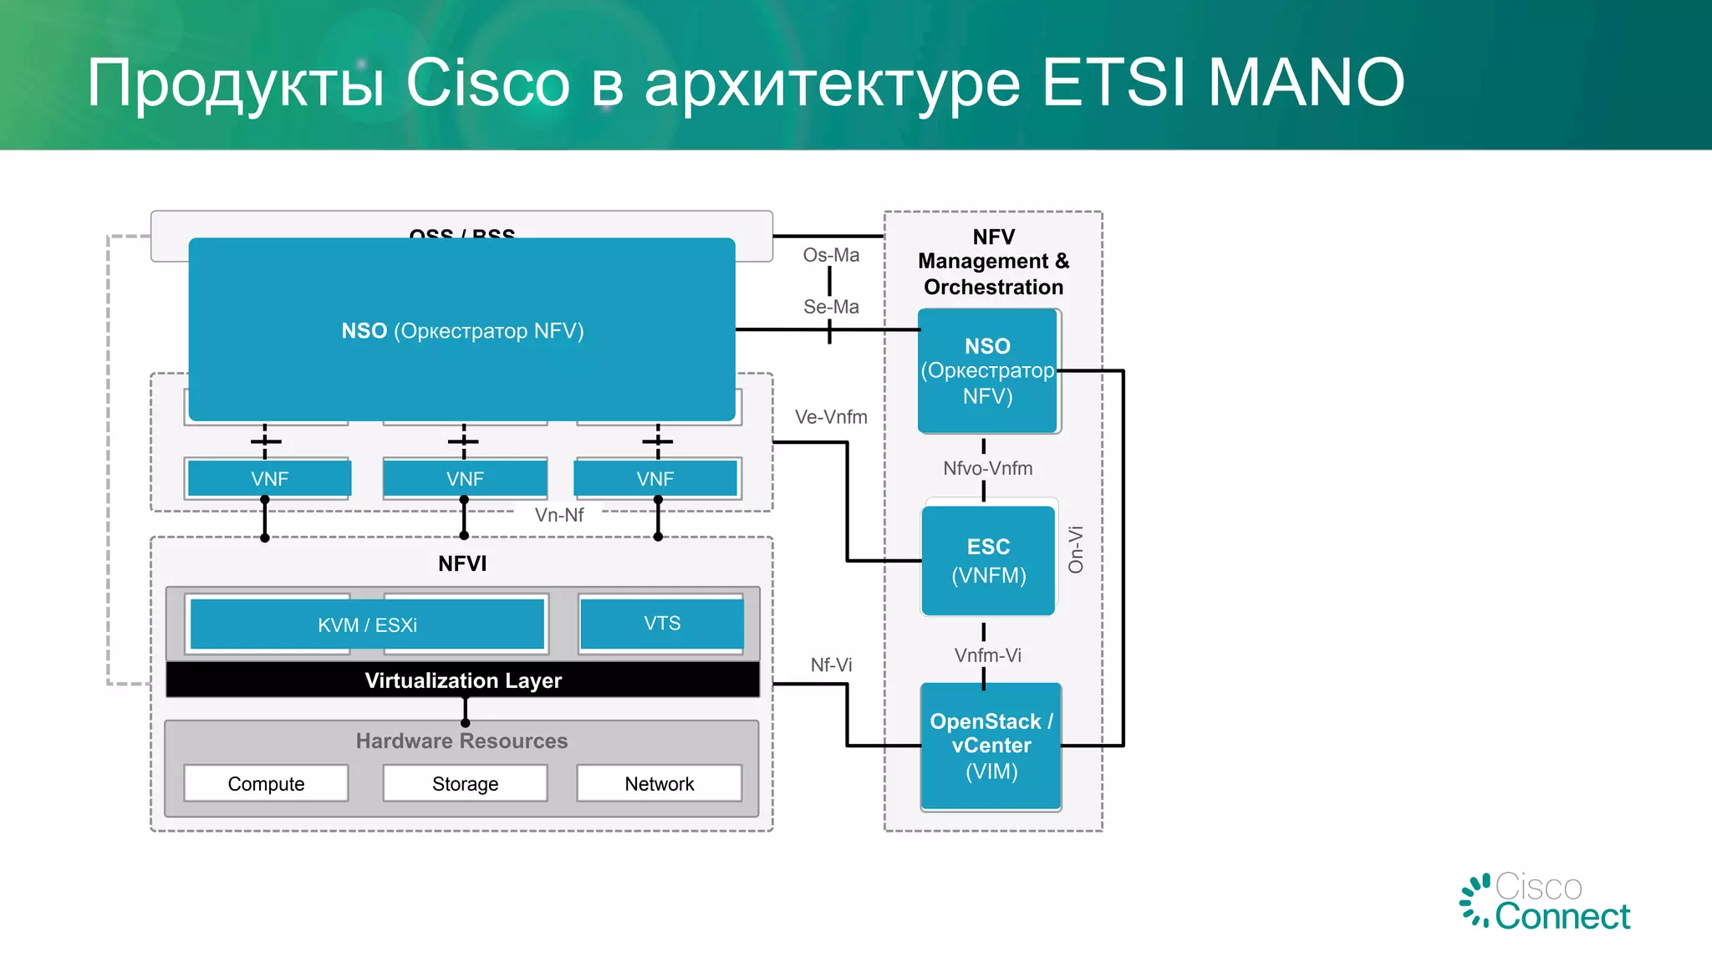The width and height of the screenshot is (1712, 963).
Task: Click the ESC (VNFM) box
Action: tap(988, 561)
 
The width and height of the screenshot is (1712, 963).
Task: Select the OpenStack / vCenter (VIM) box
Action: tap(991, 746)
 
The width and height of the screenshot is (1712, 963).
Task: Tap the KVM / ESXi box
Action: tap(367, 624)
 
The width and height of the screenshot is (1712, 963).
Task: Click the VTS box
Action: tap(661, 624)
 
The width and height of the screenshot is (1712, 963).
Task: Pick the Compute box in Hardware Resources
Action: tap(266, 783)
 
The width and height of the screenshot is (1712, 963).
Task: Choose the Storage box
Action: tap(465, 783)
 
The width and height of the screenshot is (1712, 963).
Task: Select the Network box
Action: tap(659, 783)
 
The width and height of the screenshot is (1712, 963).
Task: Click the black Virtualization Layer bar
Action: tap(462, 680)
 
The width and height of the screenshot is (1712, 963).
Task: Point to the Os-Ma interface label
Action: tap(831, 255)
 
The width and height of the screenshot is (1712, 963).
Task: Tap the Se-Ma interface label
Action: tap(831, 307)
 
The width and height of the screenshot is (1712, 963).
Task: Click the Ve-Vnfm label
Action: tap(831, 417)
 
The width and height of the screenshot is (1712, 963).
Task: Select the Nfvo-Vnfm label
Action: tap(987, 468)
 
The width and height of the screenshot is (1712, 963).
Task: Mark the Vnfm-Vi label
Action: tap(987, 655)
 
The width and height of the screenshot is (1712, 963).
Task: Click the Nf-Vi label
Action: tap(831, 665)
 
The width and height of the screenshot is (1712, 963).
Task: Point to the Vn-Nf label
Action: tap(559, 515)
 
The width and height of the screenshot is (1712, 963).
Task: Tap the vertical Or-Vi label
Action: tap(1076, 549)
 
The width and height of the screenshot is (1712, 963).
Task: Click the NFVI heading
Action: tap(462, 563)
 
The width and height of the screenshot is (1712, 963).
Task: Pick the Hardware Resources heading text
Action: tap(461, 741)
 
